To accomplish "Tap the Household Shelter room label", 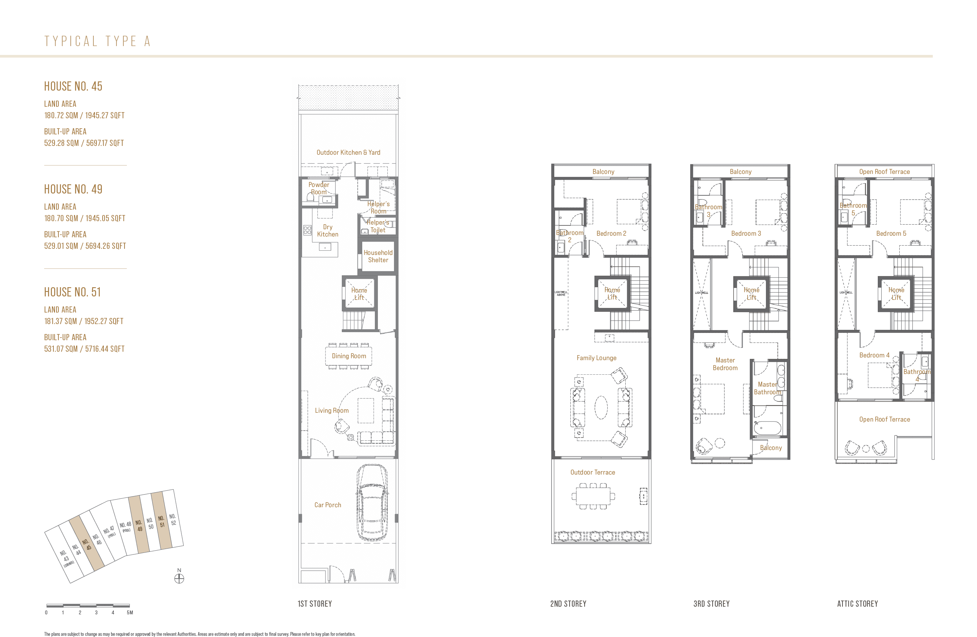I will [378, 256].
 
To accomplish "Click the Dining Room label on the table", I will [349, 356].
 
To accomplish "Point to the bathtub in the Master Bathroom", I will [767, 428].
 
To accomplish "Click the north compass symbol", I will [179, 578].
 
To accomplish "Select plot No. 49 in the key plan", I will [139, 525].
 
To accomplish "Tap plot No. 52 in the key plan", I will [173, 519].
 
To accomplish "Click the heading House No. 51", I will [72, 292].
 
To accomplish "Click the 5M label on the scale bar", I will [130, 612].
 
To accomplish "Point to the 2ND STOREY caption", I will [568, 604].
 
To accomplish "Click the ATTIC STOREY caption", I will [857, 604].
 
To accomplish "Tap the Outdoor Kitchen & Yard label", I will [348, 152].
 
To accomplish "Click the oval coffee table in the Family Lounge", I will [601, 407].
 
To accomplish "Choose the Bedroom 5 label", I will [891, 233].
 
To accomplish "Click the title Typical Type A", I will [98, 41].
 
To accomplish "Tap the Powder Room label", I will [319, 188].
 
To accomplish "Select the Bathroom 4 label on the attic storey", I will [917, 375].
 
